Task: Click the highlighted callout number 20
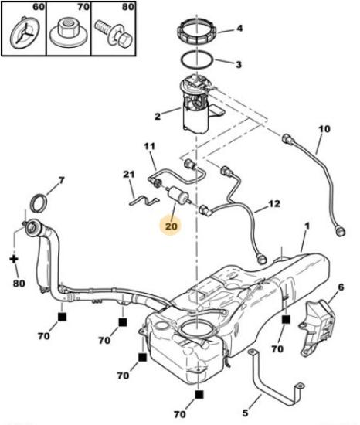(x=171, y=226)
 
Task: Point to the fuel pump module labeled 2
(x=198, y=104)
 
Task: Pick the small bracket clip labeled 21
(x=144, y=200)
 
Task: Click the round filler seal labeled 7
(x=38, y=203)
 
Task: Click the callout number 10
(x=324, y=129)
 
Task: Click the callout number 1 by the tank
(x=307, y=226)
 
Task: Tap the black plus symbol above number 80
(x=14, y=259)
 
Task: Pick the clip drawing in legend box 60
(x=25, y=33)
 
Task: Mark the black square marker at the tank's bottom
(x=199, y=395)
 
